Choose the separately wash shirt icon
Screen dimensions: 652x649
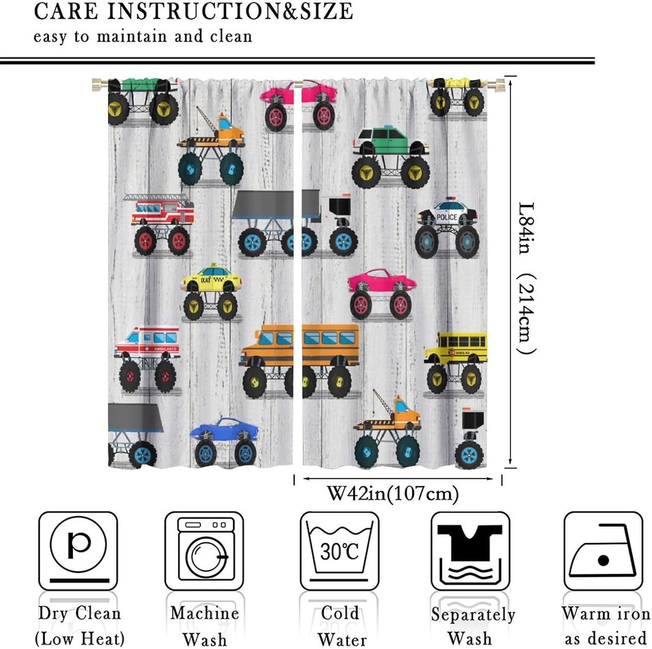470,550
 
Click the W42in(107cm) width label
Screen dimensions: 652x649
393,494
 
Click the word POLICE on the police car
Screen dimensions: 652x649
446,217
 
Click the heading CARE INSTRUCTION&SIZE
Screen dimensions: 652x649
193,12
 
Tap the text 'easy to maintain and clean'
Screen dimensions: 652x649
143,37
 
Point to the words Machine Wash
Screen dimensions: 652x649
204,626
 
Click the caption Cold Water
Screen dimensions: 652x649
341,626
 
